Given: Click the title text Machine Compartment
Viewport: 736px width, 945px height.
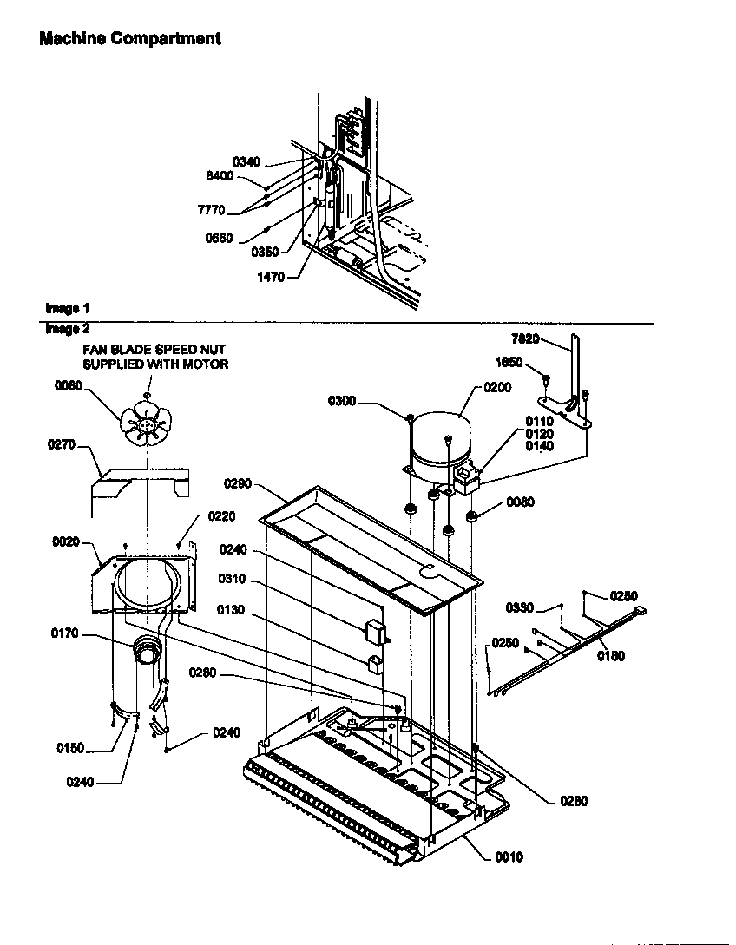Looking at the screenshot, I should coord(130,39).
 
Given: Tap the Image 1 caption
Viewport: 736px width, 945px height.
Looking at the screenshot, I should coord(67,308).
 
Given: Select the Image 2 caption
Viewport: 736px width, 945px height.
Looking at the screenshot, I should coord(67,329).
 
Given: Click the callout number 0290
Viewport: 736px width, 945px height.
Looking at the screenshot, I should coord(238,482).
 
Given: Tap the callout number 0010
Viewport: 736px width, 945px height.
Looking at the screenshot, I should coord(509,857).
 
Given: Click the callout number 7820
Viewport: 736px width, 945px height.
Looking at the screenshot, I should coord(526,339).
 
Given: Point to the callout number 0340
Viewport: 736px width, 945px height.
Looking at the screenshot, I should coord(246,161).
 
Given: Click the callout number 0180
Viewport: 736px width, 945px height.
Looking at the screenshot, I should coord(611,656).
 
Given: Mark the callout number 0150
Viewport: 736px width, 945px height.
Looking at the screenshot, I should coord(71,748).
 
